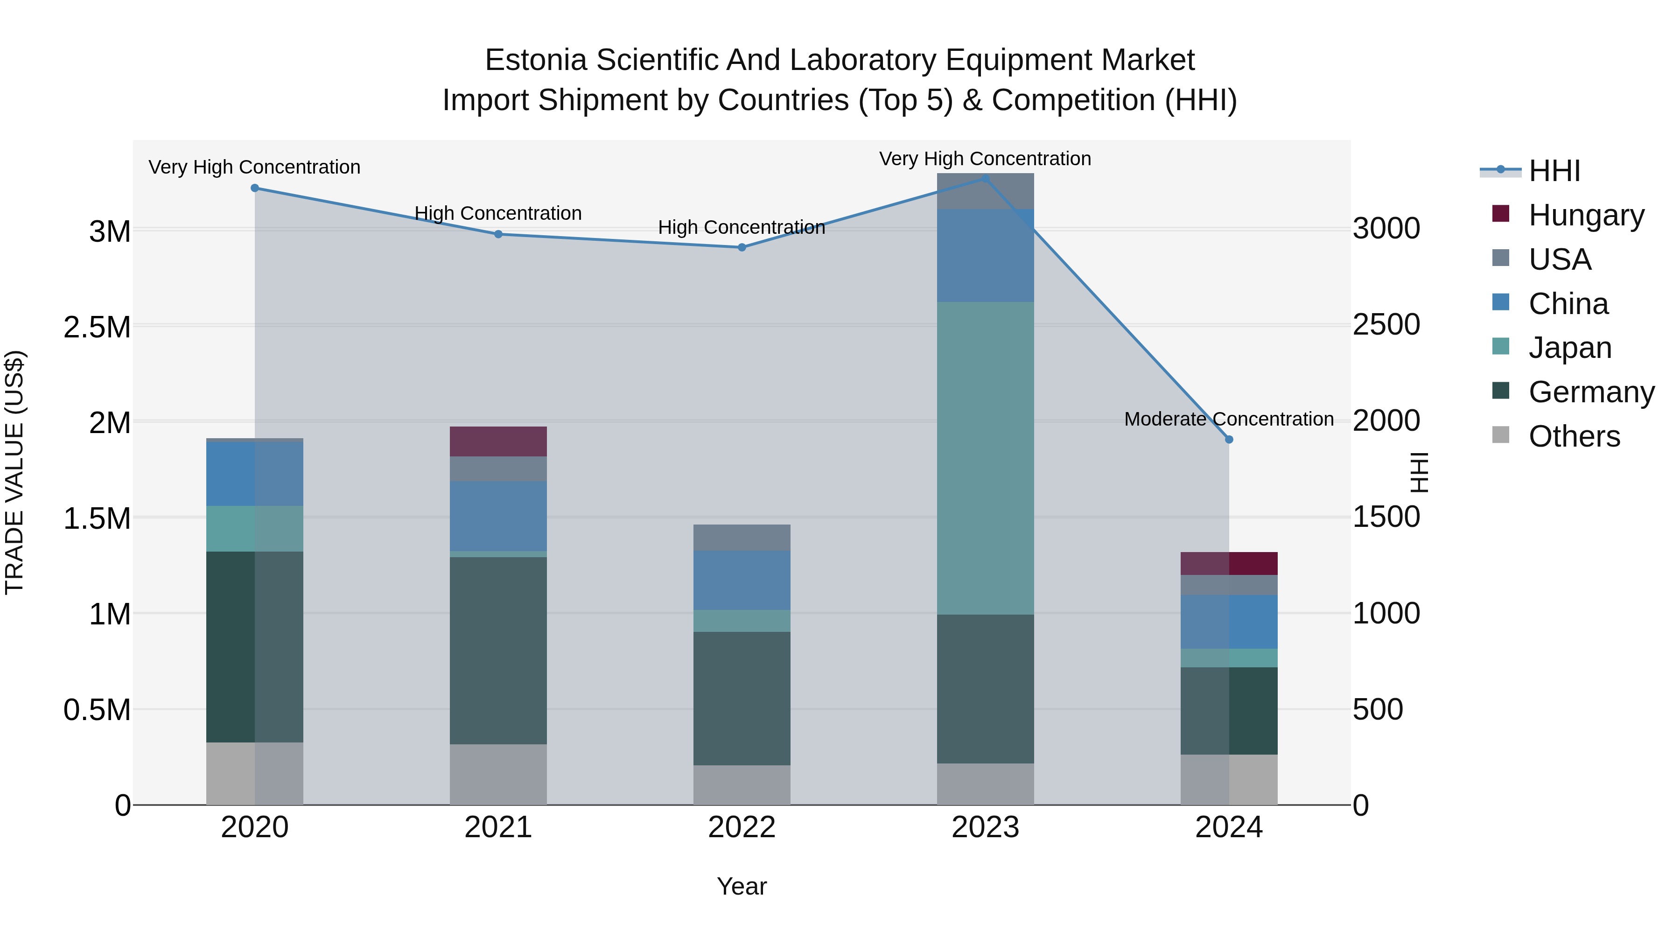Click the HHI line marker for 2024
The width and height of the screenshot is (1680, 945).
tap(1229, 440)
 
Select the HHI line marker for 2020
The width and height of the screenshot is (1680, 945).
tap(254, 188)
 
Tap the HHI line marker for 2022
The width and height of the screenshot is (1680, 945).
tap(742, 247)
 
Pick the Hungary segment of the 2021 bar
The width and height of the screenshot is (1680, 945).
tap(498, 441)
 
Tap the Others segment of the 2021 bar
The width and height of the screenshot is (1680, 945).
tap(498, 774)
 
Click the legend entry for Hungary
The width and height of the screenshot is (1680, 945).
tap(1585, 215)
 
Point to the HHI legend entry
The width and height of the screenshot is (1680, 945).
tap(1554, 171)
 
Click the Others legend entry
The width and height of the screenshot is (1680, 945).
tap(1573, 436)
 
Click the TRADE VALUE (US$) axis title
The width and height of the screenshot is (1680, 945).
tap(14, 472)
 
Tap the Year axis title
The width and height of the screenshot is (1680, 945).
tap(742, 886)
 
